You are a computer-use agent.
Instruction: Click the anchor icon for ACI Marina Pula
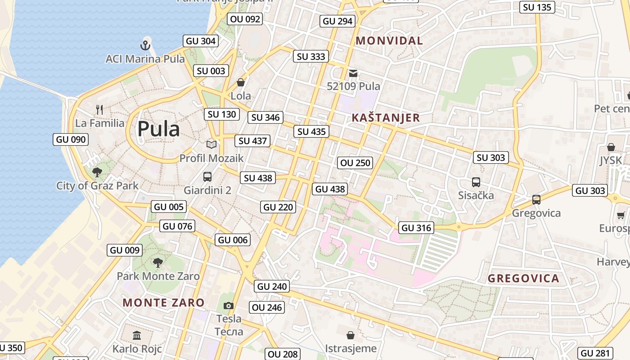145,45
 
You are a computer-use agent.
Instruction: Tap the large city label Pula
158,129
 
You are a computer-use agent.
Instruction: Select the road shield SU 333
311,56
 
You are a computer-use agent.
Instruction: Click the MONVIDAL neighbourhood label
389,40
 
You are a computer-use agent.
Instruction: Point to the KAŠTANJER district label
385,118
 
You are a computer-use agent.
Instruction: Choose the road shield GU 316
416,228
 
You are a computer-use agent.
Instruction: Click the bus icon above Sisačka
476,182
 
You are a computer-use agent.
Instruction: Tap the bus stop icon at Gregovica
536,199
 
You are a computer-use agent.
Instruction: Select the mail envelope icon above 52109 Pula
353,73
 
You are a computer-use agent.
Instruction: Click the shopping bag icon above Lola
241,82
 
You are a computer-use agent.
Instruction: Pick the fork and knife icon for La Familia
100,109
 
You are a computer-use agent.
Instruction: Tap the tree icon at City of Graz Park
97,172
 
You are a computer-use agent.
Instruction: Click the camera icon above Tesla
229,306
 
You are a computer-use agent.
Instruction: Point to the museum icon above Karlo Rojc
137,335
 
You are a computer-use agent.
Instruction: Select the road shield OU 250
355,163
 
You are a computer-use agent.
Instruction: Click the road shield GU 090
71,139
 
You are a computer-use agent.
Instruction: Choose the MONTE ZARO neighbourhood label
163,302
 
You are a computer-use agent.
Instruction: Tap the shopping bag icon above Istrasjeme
351,335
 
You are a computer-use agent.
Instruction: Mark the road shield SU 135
537,7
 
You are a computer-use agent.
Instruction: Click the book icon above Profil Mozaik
211,144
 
